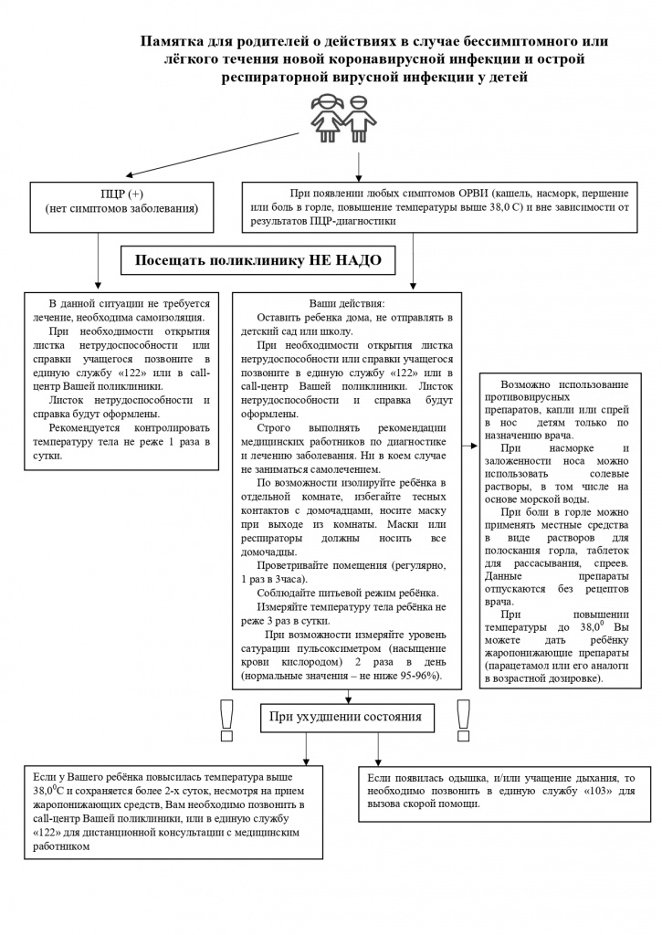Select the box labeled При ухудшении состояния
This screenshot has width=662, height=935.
tap(345, 717)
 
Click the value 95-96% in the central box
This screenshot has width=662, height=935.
tap(416, 675)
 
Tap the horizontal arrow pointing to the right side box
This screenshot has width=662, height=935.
tap(470, 446)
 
